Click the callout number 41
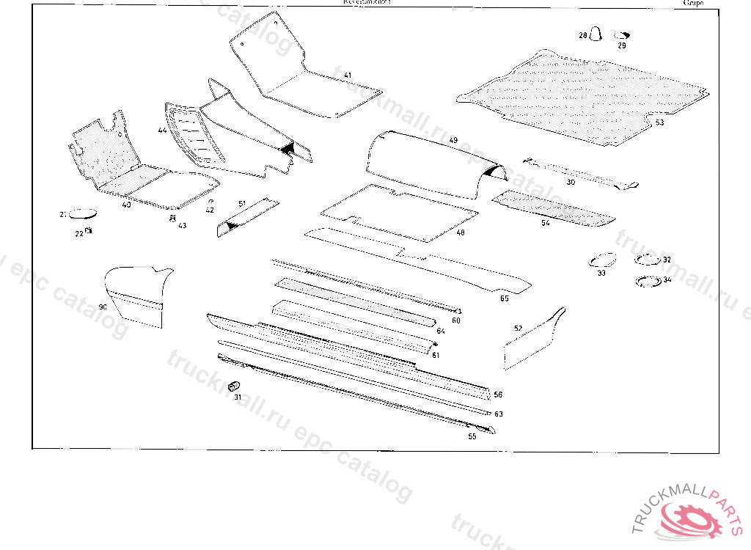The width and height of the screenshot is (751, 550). click(x=347, y=76)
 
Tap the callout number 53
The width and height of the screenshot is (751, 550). click(x=659, y=122)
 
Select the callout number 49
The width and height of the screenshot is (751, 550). click(x=453, y=139)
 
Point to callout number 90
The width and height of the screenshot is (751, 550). click(x=103, y=307)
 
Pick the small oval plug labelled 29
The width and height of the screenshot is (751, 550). click(x=623, y=35)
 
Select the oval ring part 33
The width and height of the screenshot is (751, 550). click(x=602, y=260)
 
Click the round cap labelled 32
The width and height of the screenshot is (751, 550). click(x=647, y=258)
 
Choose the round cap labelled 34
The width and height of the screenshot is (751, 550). click(x=647, y=281)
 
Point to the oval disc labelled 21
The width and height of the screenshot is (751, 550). click(x=85, y=213)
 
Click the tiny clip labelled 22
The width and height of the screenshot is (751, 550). click(x=89, y=231)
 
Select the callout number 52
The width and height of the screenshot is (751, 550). click(x=518, y=329)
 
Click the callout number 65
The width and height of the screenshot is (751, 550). click(x=504, y=298)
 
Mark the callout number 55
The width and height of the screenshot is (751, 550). click(x=472, y=436)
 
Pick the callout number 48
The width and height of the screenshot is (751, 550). click(x=460, y=233)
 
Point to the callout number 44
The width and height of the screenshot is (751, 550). click(x=161, y=130)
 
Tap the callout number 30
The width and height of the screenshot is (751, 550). click(x=571, y=181)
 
